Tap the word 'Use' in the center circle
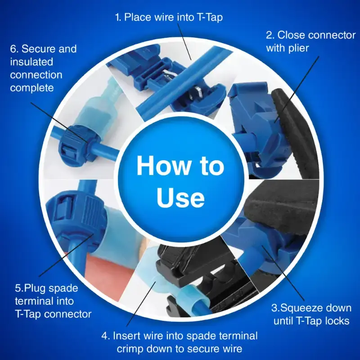pyautogui.click(x=180, y=198)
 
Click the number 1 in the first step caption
pyautogui.click(x=117, y=18)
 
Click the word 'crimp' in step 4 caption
pyautogui.click(x=131, y=349)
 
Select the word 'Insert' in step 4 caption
pyautogui.click(x=127, y=336)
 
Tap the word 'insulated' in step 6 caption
pyautogui.click(x=31, y=62)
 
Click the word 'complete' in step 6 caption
pyautogui.click(x=32, y=88)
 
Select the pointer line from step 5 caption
pyautogui.click(x=66, y=255)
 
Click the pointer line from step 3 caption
pyautogui.click(x=283, y=273)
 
